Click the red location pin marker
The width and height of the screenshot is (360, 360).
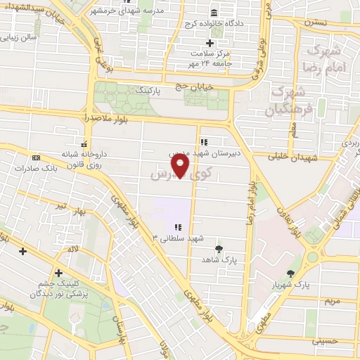[181, 166]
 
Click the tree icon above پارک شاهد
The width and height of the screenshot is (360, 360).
[219, 248]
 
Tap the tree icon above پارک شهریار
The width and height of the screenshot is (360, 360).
[292, 274]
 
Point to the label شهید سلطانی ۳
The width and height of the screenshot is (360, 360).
[178, 238]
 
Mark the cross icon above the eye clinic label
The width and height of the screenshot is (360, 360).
[58, 273]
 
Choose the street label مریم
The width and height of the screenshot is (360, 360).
[331, 301]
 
